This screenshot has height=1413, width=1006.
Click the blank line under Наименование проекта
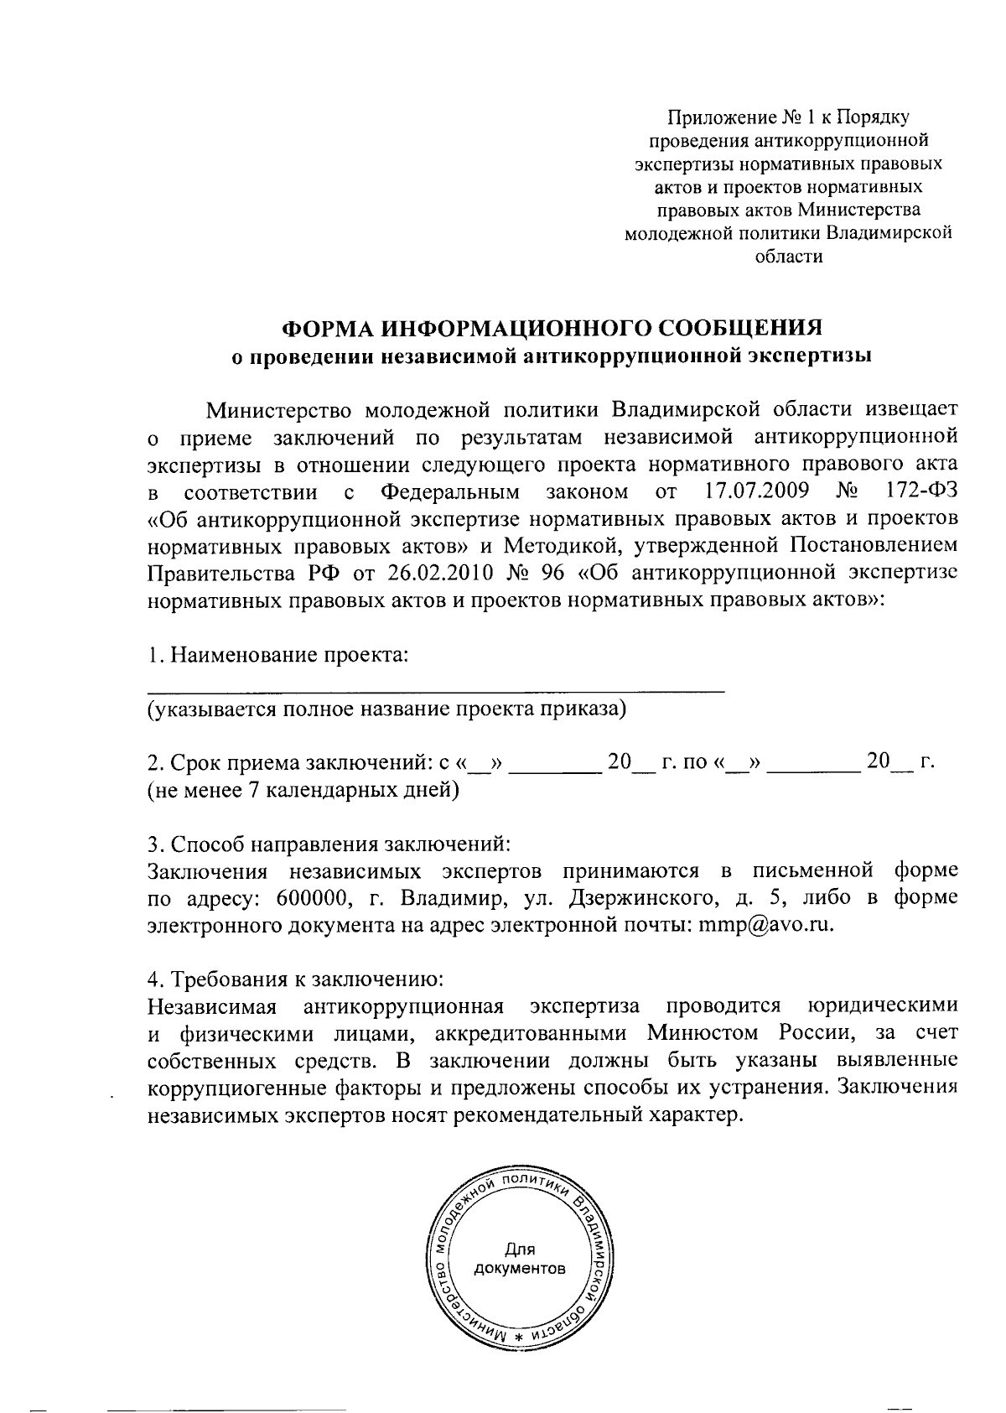(436, 689)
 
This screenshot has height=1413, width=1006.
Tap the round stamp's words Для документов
(520, 1257)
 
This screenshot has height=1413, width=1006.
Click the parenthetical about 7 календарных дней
(303, 790)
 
